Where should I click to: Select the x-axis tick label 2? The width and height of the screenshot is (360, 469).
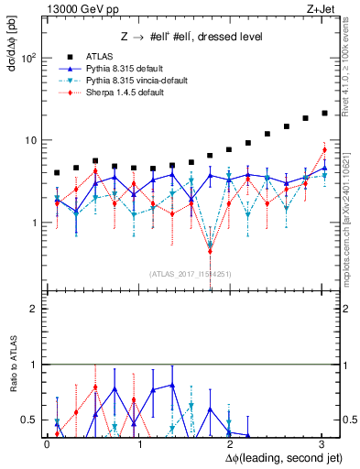(231, 444)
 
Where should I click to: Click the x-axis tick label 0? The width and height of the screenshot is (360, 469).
(47, 444)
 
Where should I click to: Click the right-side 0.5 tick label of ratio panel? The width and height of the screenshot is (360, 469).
(348, 420)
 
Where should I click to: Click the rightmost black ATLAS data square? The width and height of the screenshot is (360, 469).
(324, 114)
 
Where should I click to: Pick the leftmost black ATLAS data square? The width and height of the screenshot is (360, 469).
(57, 172)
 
